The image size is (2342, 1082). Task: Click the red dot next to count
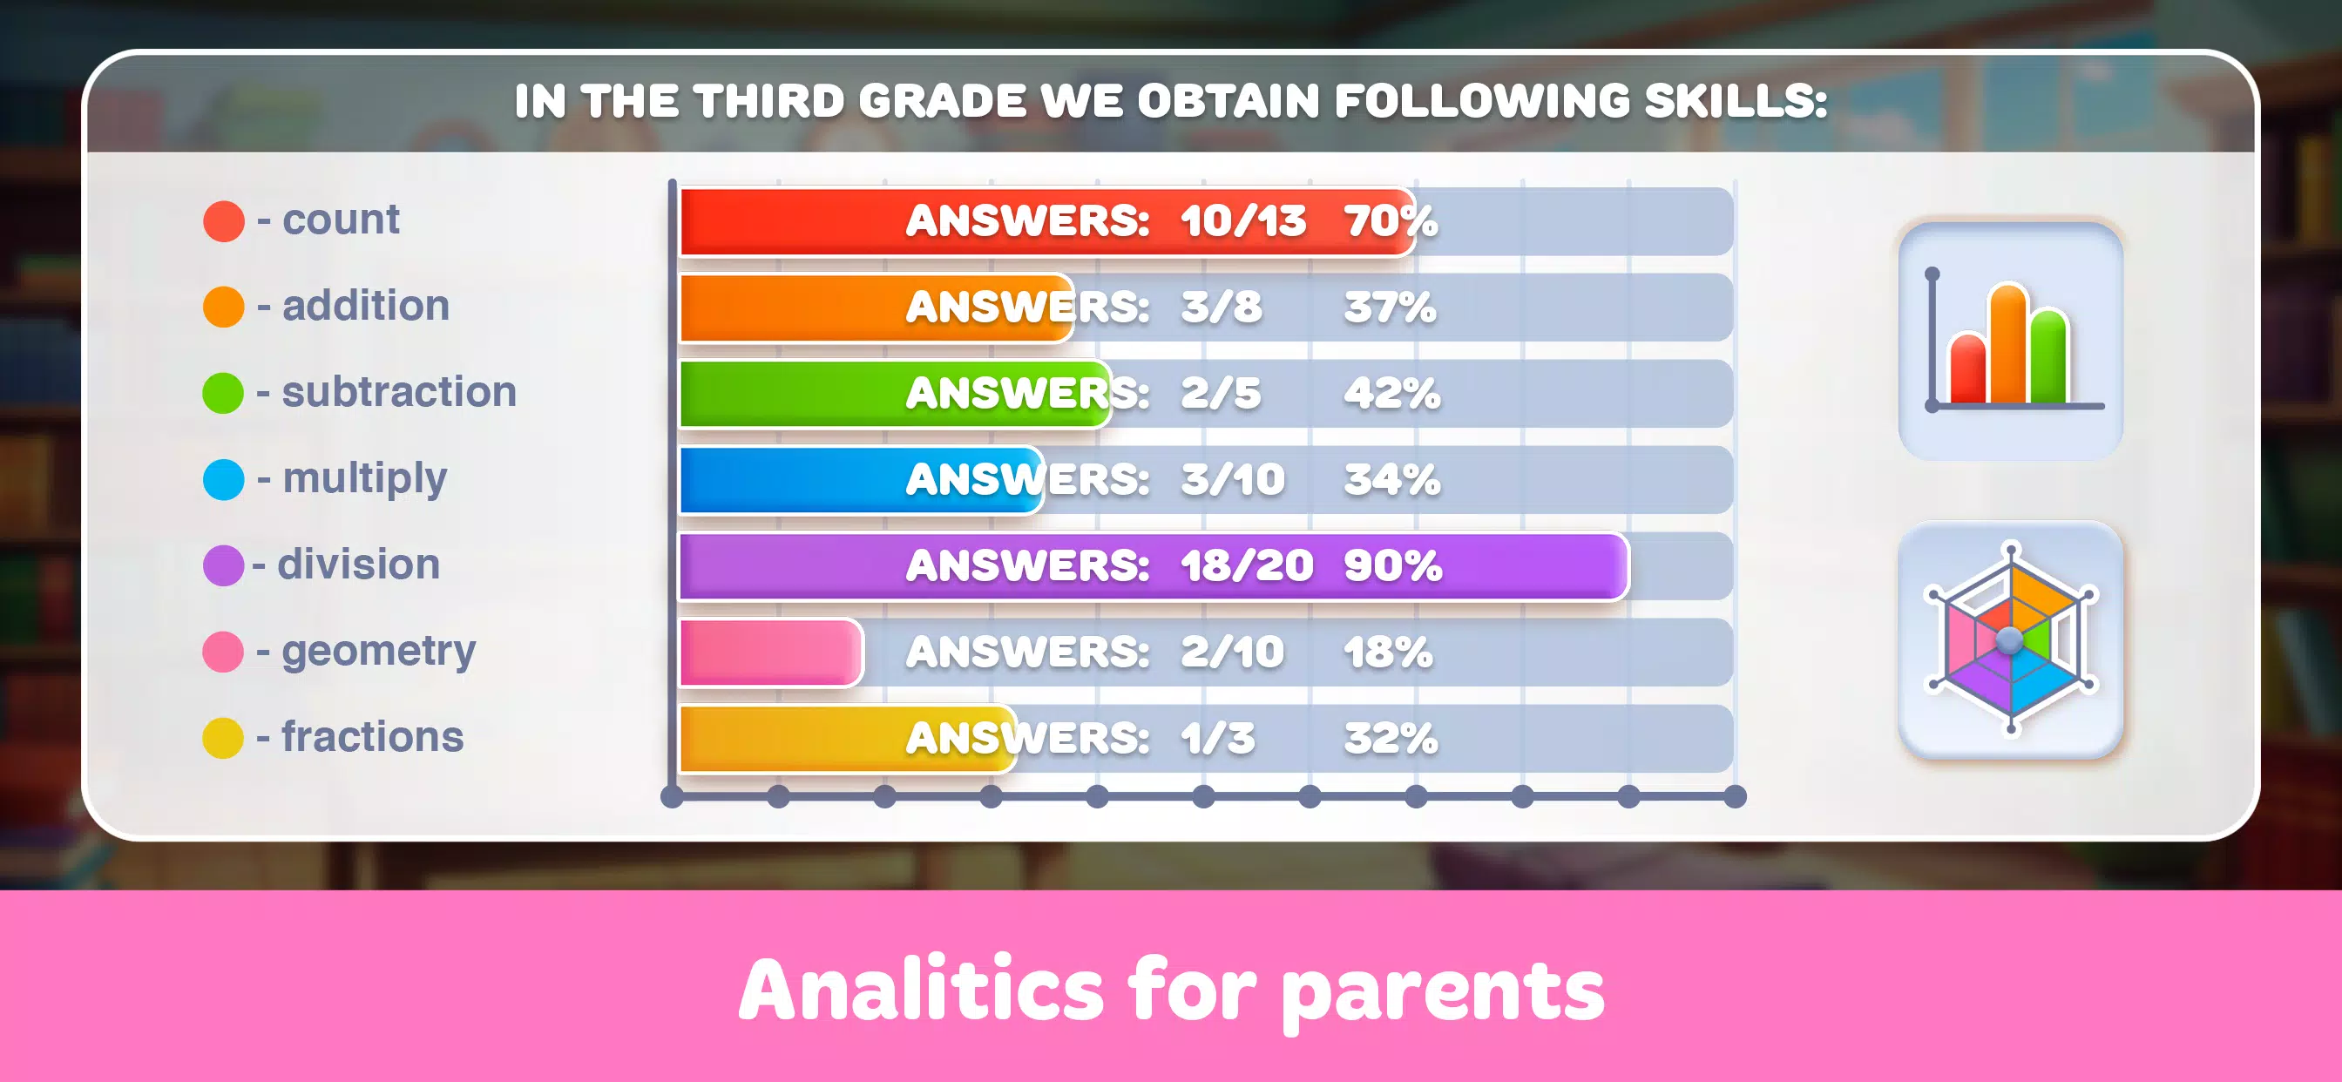click(x=224, y=221)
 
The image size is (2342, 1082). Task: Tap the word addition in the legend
click(x=365, y=306)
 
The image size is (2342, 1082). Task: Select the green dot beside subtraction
click(x=224, y=393)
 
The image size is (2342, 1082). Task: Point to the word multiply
click(x=364, y=478)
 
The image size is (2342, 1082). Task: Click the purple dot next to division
click(x=224, y=565)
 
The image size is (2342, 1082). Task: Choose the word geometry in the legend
click(x=378, y=651)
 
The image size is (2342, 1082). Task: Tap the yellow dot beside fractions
click(x=224, y=737)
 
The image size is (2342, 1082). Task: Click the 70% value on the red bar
click(x=1390, y=221)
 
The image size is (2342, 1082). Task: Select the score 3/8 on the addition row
click(x=1221, y=308)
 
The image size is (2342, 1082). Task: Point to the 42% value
click(x=1391, y=394)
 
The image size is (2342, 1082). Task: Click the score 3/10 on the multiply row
click(x=1232, y=479)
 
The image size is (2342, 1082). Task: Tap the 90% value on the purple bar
click(x=1392, y=565)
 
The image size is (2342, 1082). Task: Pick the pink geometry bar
click(x=770, y=652)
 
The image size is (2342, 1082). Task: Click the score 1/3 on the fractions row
click(x=1217, y=738)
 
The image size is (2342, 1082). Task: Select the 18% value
click(x=1388, y=652)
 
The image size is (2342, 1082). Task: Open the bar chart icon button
click(x=2010, y=341)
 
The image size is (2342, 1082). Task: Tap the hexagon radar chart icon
click(x=2010, y=639)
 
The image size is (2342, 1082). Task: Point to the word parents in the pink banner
click(x=1442, y=991)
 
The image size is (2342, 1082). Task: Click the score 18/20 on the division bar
click(x=1247, y=565)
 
